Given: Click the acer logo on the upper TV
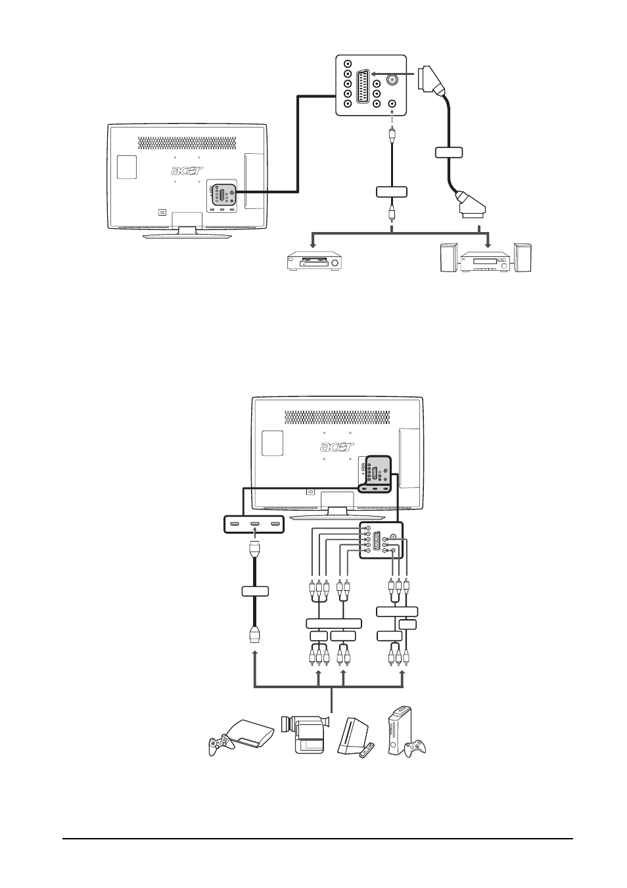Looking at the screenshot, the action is coord(187,170).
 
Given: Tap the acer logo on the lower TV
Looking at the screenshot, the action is coord(337,447).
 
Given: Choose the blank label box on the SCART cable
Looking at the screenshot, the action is coord(449,152).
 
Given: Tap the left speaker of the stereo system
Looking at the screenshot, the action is coord(449,258).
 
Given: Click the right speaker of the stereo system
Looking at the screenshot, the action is coord(522,257).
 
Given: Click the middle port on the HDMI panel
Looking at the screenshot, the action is coord(254,524).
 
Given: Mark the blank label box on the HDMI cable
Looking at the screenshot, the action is coord(255,591).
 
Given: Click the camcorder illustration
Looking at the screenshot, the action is coord(304,733).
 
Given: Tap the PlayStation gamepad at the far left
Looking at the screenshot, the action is coord(219,745).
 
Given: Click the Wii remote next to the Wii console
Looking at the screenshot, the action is coord(367,751).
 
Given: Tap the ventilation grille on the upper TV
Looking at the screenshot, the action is coord(187,143).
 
